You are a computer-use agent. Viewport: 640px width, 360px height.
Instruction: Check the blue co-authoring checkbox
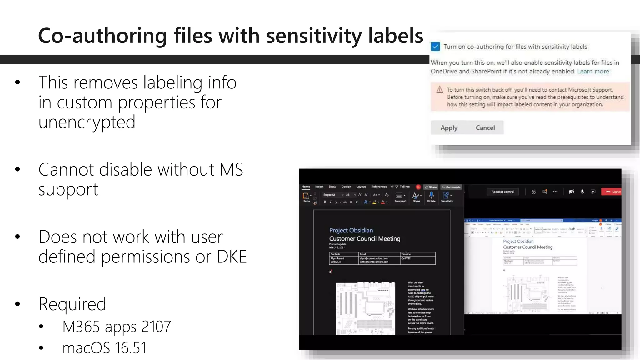pyautogui.click(x=435, y=47)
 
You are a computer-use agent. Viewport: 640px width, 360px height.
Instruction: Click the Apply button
pyautogui.click(x=449, y=128)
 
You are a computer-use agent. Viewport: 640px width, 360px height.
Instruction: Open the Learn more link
pyautogui.click(x=593, y=71)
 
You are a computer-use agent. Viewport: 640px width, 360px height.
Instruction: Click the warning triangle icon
pyautogui.click(x=440, y=90)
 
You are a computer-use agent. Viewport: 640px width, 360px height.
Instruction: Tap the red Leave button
pyautogui.click(x=612, y=192)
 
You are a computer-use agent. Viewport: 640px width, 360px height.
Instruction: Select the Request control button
pyautogui.click(x=502, y=192)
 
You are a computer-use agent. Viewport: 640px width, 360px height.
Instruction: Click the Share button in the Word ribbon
pyautogui.click(x=431, y=187)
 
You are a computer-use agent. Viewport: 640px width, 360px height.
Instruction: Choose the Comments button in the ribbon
pyautogui.click(x=451, y=187)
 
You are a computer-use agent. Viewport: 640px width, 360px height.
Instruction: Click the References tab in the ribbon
pyautogui.click(x=379, y=187)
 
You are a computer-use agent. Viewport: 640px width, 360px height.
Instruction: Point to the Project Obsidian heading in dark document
pyautogui.click(x=351, y=230)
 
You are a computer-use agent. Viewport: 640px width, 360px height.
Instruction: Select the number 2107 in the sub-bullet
pyautogui.click(x=156, y=327)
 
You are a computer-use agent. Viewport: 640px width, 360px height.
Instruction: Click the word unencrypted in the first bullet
pyautogui.click(x=87, y=122)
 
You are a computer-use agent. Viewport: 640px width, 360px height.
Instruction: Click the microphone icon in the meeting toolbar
pyautogui.click(x=582, y=192)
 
